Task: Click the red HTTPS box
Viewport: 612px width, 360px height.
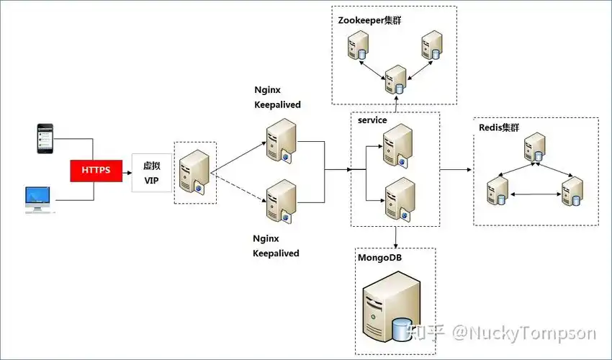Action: (96, 171)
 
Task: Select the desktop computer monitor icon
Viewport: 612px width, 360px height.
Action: (39, 199)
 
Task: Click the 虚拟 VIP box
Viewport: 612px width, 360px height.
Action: (152, 173)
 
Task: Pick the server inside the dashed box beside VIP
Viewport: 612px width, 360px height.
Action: (195, 172)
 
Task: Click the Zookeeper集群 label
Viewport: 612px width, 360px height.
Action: (369, 20)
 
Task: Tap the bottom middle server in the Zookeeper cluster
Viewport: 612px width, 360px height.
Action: (395, 80)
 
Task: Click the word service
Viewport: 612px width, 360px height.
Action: (372, 120)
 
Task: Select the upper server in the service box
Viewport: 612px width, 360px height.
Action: (397, 144)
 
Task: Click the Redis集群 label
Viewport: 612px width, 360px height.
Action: (499, 127)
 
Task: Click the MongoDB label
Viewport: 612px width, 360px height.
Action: (380, 256)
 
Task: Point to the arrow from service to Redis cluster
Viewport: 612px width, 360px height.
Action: (455, 170)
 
